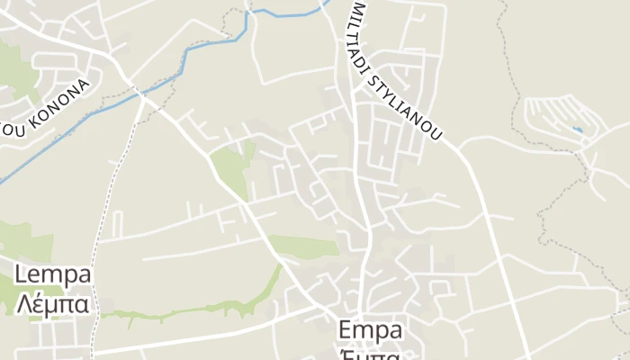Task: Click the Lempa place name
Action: tap(53, 274)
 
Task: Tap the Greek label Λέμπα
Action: tap(53, 303)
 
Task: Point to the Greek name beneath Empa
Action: tap(370, 353)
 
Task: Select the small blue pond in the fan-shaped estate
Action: tap(577, 130)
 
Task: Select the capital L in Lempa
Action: tap(22, 274)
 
